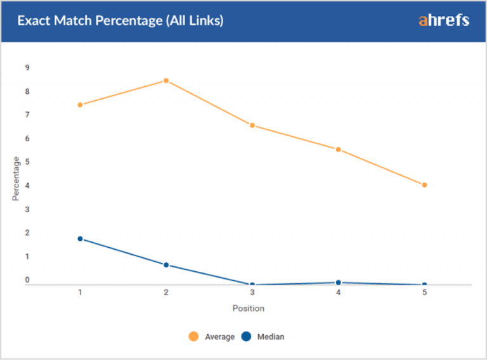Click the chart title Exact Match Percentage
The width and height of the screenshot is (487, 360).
(120, 21)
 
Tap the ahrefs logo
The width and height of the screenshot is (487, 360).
(444, 20)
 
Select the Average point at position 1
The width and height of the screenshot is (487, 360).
(80, 105)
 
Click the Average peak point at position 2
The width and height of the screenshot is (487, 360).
(166, 80)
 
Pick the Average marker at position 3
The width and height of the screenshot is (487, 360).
(252, 125)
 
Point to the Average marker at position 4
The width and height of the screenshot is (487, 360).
(339, 150)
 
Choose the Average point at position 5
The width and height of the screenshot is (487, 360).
(424, 185)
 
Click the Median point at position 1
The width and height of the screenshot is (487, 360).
(80, 239)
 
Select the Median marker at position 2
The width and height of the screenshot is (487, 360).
(166, 265)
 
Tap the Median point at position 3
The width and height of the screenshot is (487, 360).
(252, 285)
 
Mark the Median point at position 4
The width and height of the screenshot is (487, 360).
(339, 283)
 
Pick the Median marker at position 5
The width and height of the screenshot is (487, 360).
(424, 285)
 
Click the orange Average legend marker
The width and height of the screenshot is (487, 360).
(193, 337)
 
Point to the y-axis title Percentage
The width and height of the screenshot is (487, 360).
(16, 179)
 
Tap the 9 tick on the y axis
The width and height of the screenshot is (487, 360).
(27, 68)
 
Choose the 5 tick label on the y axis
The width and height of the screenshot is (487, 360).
(27, 162)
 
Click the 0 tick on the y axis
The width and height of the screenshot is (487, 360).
(27, 280)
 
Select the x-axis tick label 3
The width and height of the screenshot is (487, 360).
(252, 293)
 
